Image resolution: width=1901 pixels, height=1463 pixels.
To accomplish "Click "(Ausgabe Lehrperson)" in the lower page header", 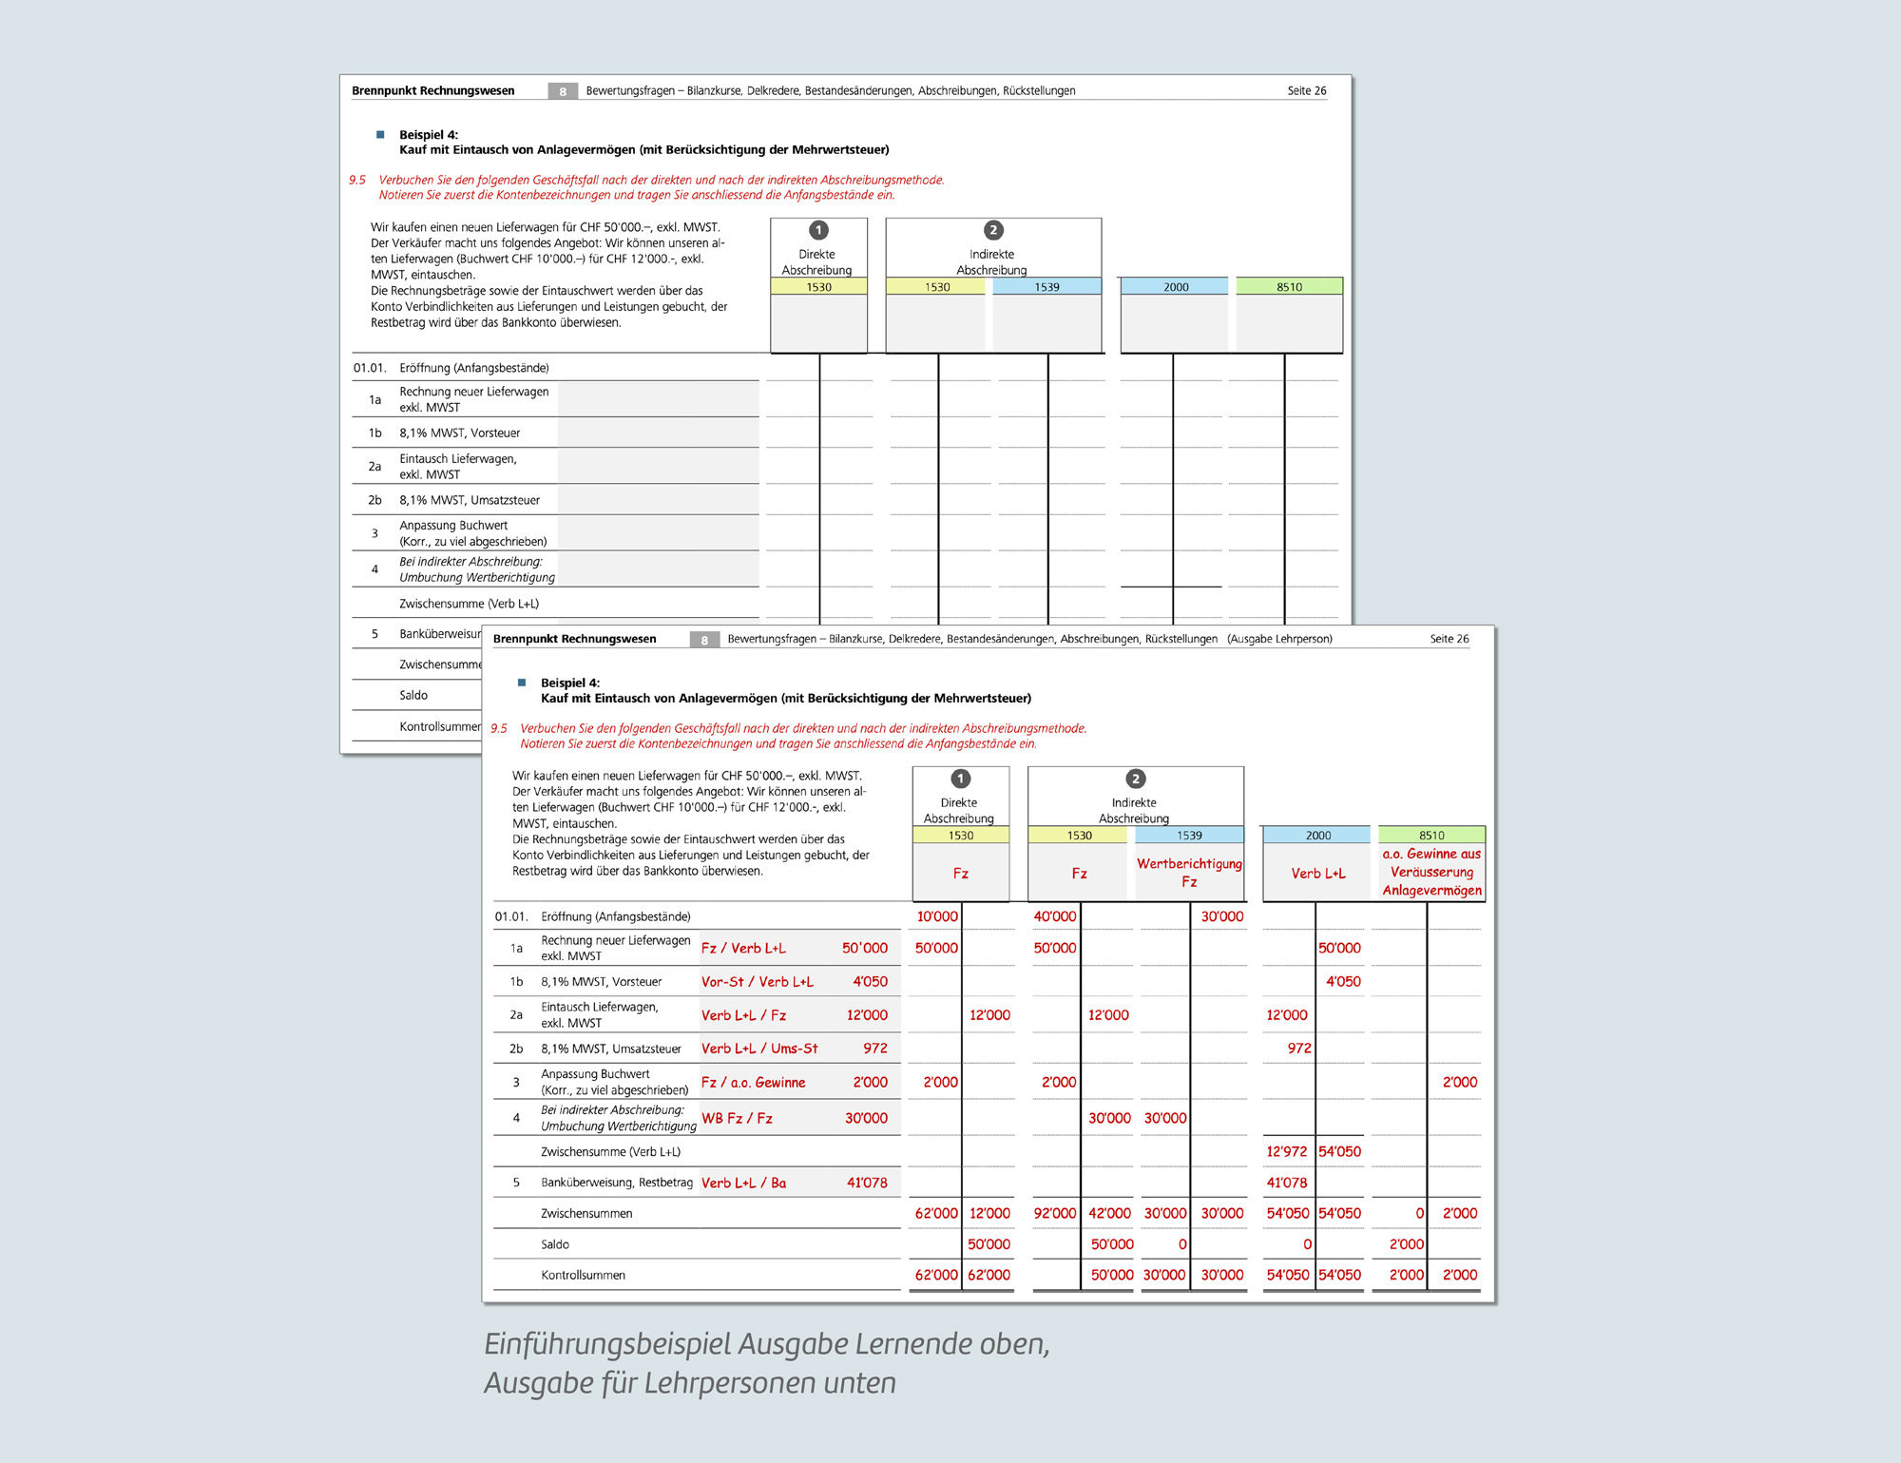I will click(x=1279, y=639).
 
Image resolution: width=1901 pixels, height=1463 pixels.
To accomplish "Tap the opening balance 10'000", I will click(x=937, y=916).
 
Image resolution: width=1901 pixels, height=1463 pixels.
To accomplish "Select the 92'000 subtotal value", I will click(x=1055, y=1213).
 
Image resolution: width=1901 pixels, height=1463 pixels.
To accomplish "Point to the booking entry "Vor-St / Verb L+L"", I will click(x=757, y=981).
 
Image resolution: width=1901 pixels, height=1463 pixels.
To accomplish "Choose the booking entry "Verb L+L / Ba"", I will click(x=743, y=1183).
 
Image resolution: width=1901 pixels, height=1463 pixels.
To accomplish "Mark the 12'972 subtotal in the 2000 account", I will click(x=1287, y=1151).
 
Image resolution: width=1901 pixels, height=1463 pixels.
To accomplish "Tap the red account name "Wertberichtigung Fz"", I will click(x=1189, y=873).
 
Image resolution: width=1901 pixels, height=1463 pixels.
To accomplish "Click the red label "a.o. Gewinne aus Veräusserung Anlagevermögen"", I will click(x=1431, y=872).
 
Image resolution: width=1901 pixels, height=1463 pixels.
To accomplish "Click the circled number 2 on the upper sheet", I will click(x=993, y=230).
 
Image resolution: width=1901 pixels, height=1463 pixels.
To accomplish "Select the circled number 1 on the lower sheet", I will click(x=961, y=779).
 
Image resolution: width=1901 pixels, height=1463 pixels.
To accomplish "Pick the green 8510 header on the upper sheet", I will click(x=1289, y=286).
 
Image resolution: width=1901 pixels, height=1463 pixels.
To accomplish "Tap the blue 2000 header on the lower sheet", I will click(x=1317, y=836).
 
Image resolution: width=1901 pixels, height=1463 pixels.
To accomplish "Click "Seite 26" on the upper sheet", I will click(x=1306, y=91).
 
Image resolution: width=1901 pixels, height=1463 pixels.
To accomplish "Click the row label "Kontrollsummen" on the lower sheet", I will click(x=583, y=1275).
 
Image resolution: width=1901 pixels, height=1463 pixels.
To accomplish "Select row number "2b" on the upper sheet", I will click(x=374, y=500).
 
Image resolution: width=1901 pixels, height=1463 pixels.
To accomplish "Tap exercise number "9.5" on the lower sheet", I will click(x=499, y=729).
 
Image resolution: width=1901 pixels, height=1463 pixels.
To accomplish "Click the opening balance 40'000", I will click(x=1055, y=916).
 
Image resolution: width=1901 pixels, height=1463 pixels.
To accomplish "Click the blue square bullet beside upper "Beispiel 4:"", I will click(x=380, y=135).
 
